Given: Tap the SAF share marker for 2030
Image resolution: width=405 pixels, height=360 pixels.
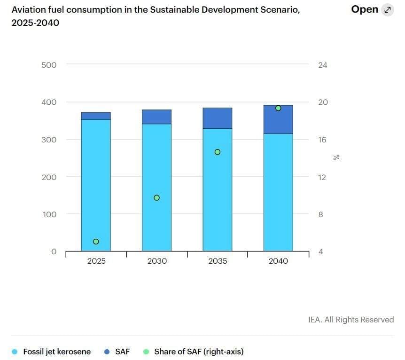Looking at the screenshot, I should (x=157, y=198).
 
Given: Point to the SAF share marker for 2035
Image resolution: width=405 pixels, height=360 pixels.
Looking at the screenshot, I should (x=218, y=152).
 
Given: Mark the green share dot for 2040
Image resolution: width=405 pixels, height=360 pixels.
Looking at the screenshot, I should (x=278, y=108).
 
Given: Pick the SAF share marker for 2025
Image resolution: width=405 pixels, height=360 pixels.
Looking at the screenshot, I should (x=96, y=242).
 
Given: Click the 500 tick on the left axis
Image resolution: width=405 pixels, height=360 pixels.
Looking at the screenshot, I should (x=49, y=65).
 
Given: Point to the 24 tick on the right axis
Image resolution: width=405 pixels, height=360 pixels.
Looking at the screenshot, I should (x=322, y=65).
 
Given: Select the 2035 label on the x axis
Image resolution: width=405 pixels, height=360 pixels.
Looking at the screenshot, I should (x=218, y=261).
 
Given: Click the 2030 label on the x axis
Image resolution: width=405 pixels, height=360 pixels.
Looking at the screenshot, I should (x=157, y=261).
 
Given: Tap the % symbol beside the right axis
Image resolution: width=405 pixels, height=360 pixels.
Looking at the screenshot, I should (x=336, y=158).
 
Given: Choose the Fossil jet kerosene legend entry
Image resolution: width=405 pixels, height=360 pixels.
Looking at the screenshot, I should (x=57, y=352).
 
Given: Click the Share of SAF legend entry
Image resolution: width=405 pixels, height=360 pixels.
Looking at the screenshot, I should (x=199, y=352).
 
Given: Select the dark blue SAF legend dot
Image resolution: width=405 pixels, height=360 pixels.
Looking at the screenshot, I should (x=107, y=352).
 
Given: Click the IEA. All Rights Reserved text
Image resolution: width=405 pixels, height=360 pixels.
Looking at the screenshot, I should (x=350, y=320).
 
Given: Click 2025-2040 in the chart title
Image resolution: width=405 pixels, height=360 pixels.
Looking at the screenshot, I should (x=35, y=23).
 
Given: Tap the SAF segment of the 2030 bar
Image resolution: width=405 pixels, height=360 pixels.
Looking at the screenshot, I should (x=157, y=117).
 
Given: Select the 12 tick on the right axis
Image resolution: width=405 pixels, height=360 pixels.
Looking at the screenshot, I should (x=322, y=177).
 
